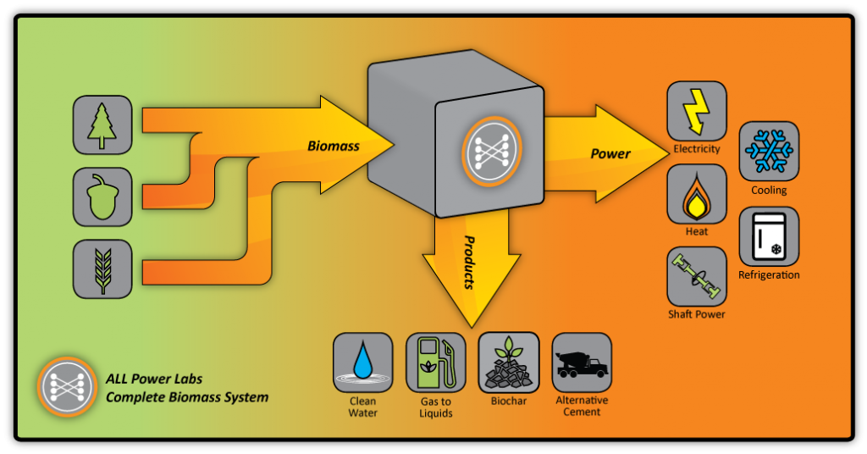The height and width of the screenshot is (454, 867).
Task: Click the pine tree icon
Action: point(102,125)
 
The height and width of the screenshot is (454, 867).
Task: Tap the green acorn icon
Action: point(102,197)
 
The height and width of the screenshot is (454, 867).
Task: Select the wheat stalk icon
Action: point(102,269)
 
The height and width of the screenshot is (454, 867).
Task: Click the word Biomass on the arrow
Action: point(334,146)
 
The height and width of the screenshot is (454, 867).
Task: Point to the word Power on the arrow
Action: point(610,153)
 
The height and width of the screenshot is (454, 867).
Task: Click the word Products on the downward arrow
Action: point(469,262)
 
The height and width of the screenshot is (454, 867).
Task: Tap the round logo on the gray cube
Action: point(492,151)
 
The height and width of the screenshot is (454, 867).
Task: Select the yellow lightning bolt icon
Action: point(697,111)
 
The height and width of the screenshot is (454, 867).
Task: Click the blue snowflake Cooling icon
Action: point(769,151)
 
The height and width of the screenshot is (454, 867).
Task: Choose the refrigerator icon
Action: point(769,236)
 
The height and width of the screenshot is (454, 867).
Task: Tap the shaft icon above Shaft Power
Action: point(697,276)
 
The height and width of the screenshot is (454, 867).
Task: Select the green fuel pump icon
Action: point(436,363)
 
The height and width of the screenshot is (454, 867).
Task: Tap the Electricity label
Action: point(697,149)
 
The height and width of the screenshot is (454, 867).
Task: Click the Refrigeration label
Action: point(769,274)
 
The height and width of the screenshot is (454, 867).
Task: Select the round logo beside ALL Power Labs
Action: point(68,386)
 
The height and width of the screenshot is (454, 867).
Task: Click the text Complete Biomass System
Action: point(187,397)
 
